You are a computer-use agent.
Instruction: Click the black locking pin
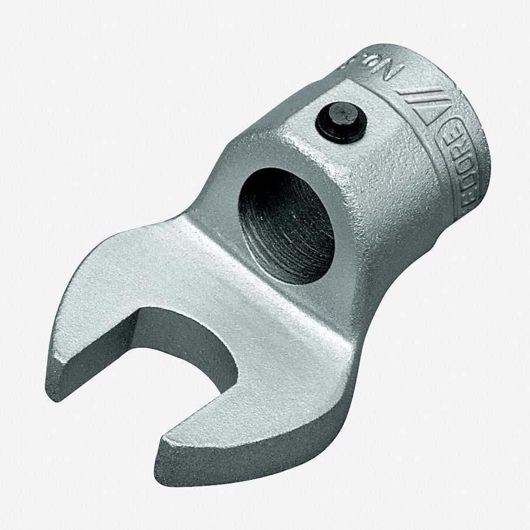pyautogui.click(x=341, y=124)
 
